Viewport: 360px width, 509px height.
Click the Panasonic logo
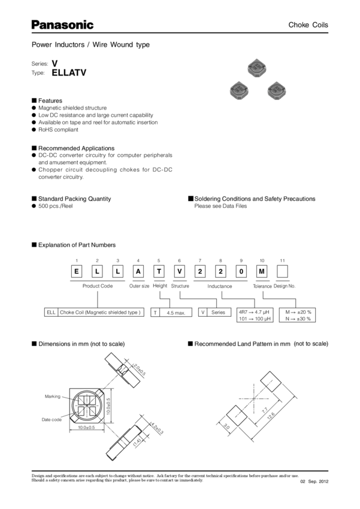(62, 25)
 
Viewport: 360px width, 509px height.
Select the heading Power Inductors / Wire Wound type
(90, 45)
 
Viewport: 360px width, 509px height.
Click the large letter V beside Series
(55, 62)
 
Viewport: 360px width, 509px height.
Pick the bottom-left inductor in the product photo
(238, 90)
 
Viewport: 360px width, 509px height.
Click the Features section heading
(51, 100)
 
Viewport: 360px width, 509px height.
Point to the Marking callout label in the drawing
(51, 396)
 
